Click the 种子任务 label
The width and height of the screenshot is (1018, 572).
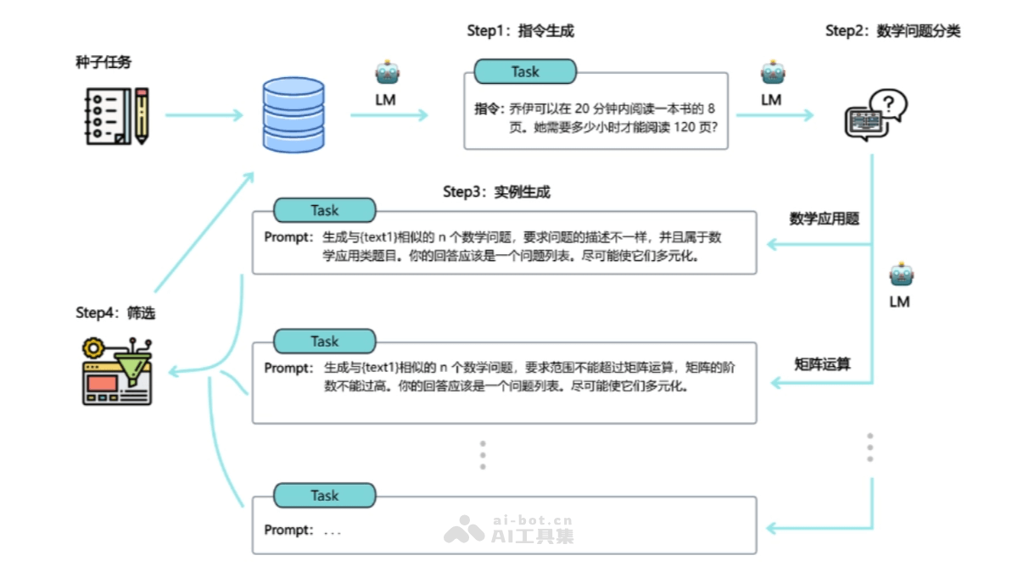click(x=103, y=62)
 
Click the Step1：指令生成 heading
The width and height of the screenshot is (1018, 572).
click(x=520, y=31)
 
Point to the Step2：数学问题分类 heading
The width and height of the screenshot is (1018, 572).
click(x=892, y=31)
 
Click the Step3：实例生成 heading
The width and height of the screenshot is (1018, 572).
click(x=496, y=192)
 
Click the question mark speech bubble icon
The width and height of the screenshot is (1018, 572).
click(x=876, y=114)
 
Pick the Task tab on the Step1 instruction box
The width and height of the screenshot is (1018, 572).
click(x=525, y=72)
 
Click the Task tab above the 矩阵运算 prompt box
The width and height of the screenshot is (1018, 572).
click(x=324, y=342)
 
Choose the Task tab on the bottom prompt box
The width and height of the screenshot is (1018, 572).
click(x=324, y=496)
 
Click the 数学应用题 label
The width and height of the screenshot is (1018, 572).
click(x=825, y=219)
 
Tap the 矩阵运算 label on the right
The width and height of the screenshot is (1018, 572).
click(x=822, y=364)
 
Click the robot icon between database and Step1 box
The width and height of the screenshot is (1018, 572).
click(x=387, y=74)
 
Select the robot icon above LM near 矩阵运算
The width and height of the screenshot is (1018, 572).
click(x=900, y=275)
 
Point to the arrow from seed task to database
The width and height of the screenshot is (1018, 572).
click(x=203, y=114)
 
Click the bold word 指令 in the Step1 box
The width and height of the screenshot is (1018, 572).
click(x=489, y=109)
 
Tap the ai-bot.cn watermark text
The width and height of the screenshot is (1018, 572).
click(x=533, y=520)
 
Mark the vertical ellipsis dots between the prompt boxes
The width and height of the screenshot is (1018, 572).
click(x=483, y=455)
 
